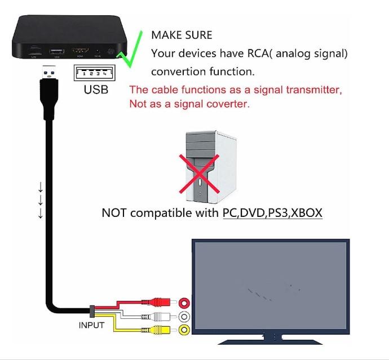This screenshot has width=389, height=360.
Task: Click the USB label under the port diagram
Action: pyautogui.click(x=96, y=89)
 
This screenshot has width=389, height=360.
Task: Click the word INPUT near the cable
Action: pyautogui.click(x=91, y=325)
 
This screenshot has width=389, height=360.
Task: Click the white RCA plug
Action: pyautogui.click(x=151, y=317)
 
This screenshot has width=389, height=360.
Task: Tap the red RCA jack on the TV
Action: pyautogui.click(x=184, y=303)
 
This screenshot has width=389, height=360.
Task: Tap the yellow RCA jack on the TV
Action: pyautogui.click(x=184, y=330)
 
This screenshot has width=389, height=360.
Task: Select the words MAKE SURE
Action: pyautogui.click(x=182, y=35)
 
